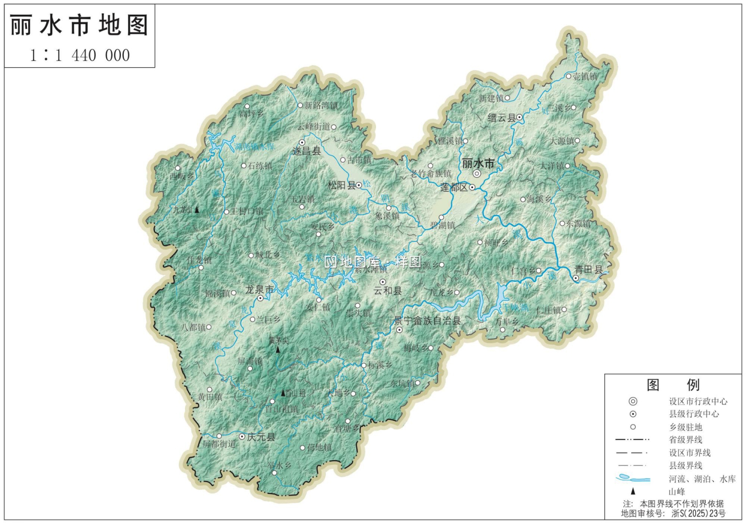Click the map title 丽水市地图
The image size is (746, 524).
click(79, 25)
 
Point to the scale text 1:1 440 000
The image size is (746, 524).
click(80, 55)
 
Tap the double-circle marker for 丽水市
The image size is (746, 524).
click(477, 174)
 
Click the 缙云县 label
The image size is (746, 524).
click(501, 118)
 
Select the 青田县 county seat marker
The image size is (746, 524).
click(575, 278)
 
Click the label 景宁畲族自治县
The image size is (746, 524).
click(427, 321)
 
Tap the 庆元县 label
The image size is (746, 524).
click(261, 437)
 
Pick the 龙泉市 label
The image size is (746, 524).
click(259, 289)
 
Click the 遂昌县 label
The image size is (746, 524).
click(306, 151)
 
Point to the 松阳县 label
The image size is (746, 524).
click(341, 185)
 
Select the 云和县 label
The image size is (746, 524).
click(387, 291)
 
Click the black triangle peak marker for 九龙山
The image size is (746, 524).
click(197, 210)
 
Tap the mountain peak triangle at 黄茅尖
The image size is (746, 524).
click(278, 350)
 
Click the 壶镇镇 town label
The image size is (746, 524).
click(585, 76)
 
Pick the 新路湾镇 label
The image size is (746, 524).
click(321, 105)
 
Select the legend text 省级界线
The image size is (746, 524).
click(685, 439)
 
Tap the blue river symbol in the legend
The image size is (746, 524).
click(633, 479)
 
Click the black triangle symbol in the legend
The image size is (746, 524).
click(633, 491)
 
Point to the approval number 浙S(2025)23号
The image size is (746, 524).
click(698, 513)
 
